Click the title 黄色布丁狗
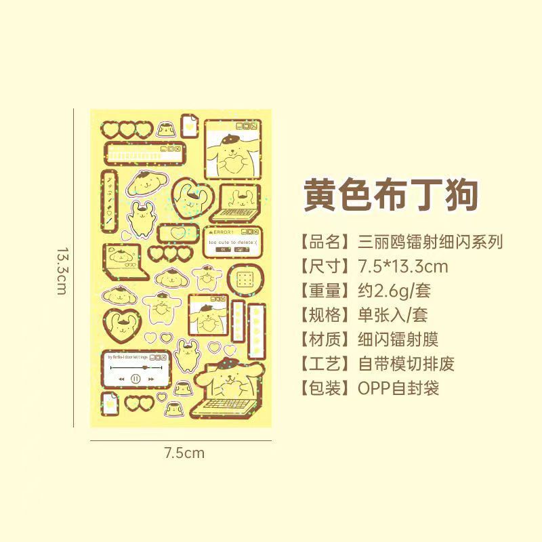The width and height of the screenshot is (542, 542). coord(391,194)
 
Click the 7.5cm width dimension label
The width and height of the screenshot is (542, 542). coord(184,453)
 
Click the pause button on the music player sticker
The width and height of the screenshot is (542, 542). coord(135,379)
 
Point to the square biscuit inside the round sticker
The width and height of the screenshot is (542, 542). coord(245,278)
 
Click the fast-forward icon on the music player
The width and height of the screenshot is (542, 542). coord(153,379)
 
